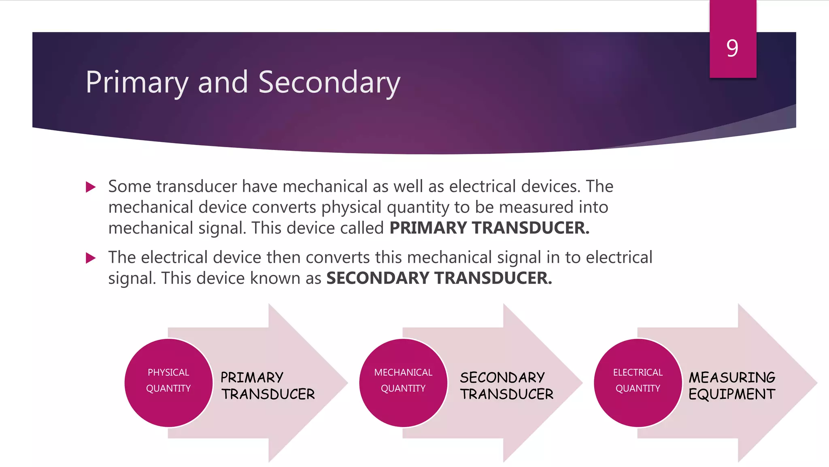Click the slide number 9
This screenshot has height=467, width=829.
tap(732, 48)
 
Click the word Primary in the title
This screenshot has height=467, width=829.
tap(137, 83)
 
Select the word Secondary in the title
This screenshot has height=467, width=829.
tap(329, 82)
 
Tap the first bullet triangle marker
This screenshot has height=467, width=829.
tap(91, 187)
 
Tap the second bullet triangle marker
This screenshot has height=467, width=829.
tap(91, 258)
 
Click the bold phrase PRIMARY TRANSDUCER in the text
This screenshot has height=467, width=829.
tap(489, 228)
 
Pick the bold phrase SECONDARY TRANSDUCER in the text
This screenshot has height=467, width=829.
tap(439, 278)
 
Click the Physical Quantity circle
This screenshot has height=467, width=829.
tap(168, 382)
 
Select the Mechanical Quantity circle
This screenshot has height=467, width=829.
tap(403, 382)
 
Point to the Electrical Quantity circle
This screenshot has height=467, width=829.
tap(638, 382)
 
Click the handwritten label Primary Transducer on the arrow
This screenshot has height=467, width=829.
tap(268, 386)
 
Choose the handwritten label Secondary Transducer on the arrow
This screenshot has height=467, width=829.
tap(506, 386)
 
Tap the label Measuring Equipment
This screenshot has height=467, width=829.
tap(732, 386)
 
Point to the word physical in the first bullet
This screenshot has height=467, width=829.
tap(352, 208)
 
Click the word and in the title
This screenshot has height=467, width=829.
tap(223, 82)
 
